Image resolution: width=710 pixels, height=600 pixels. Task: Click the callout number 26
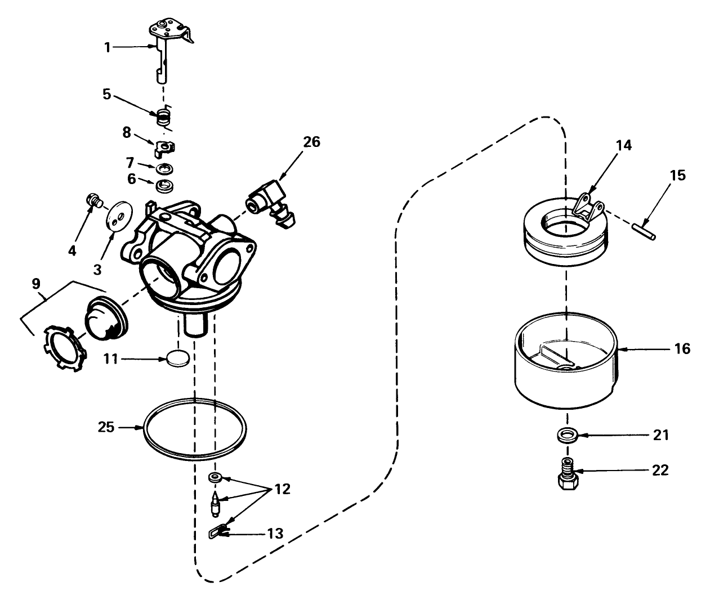point(311,142)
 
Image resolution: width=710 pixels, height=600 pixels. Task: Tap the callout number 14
point(623,146)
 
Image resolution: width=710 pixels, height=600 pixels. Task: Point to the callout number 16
point(682,349)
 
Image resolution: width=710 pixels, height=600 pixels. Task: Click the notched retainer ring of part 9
point(62,347)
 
